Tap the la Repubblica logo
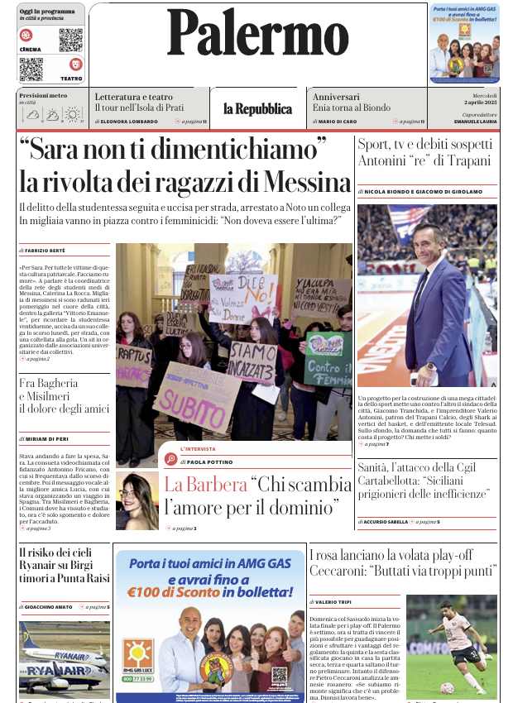[257, 109]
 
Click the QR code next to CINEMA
[70, 40]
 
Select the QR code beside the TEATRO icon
[31, 69]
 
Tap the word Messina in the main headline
[302, 181]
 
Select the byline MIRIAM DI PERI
[50, 439]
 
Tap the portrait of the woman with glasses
[137, 500]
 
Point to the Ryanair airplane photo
[64, 658]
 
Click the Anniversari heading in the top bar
[336, 97]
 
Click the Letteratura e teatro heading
[133, 97]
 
